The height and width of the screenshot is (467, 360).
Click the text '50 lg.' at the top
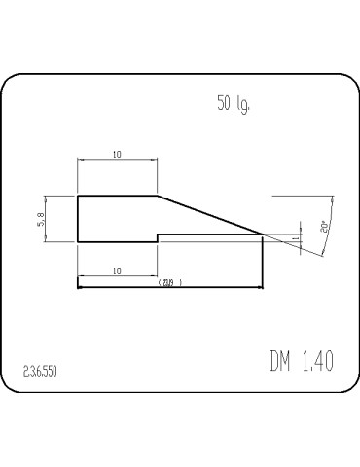pyautogui.click(x=233, y=104)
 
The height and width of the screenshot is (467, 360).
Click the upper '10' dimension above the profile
pyautogui.click(x=117, y=155)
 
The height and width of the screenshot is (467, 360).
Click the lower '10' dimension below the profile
pyautogui.click(x=117, y=271)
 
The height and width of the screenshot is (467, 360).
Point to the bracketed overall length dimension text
pyautogui.click(x=169, y=282)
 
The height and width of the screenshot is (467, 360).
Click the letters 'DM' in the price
pyautogui.click(x=281, y=361)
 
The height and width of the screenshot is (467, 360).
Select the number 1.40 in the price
pyautogui.click(x=317, y=361)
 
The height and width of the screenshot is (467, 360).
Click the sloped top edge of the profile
pyautogui.click(x=209, y=214)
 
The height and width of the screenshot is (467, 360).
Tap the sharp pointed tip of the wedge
pyautogui.click(x=263, y=233)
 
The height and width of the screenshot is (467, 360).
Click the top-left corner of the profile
pyautogui.click(x=78, y=196)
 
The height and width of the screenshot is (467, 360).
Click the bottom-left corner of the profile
pyautogui.click(x=78, y=240)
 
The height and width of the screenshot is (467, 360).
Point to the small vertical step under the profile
pyautogui.click(x=158, y=237)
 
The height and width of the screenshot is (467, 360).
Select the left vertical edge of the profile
pyautogui.click(x=78, y=218)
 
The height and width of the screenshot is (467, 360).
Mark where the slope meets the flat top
pyautogui.click(x=158, y=196)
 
